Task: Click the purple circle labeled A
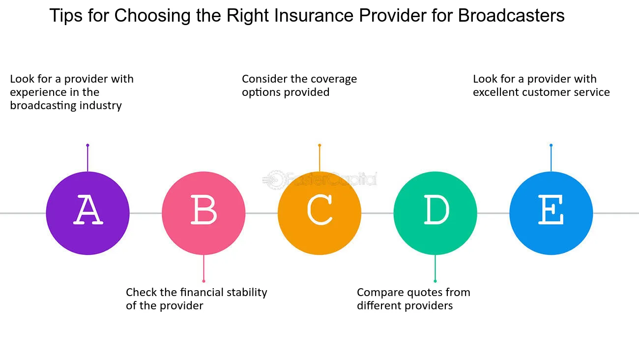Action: [x=87, y=213]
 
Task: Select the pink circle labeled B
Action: [x=203, y=213]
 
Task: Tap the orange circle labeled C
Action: [x=319, y=213]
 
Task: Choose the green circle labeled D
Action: [x=435, y=213]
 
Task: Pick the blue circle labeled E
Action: [x=551, y=213]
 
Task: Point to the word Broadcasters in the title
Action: [x=511, y=15]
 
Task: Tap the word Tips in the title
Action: [x=66, y=16]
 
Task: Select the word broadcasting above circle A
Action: [x=43, y=106]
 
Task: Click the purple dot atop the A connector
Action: [x=87, y=145]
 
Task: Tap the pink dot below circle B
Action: [x=203, y=281]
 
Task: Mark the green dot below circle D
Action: [x=435, y=281]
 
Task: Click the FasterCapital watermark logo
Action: [x=319, y=180]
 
